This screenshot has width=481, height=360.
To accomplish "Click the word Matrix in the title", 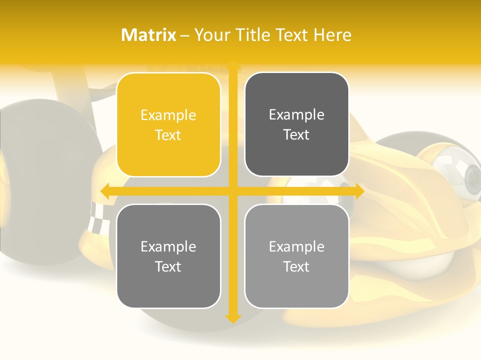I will point(149,35).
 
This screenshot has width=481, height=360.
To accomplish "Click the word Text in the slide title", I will point(291,35).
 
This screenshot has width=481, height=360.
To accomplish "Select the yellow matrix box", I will point(168,124).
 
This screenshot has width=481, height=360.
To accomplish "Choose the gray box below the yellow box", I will point(168,256).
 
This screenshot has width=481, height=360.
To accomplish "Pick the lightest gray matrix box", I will point(297,256).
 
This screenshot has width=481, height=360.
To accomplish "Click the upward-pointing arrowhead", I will point(232,64).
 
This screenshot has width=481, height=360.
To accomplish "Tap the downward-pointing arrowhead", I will point(232,318).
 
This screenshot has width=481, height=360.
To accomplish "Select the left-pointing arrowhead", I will point(105,191).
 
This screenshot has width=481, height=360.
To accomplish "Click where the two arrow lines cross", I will point(232,191).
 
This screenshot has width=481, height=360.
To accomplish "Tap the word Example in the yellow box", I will point(168,115).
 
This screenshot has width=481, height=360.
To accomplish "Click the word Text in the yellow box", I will point(168,135).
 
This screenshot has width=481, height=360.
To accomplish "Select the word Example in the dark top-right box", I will point(297,115).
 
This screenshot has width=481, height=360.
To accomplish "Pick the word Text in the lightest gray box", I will point(297,267).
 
